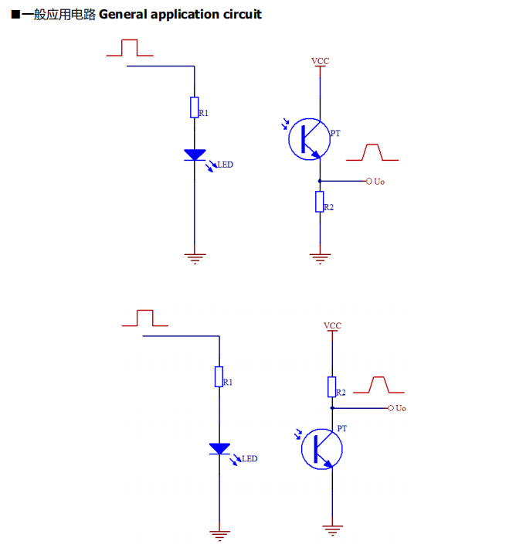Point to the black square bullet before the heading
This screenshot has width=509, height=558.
point(15,15)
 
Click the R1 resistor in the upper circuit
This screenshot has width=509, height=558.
point(195,107)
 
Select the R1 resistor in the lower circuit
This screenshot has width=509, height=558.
point(219,376)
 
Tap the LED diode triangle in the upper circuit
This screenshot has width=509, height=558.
point(195,155)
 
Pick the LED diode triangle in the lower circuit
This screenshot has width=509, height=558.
point(219,448)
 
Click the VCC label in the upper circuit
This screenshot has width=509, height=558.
point(320,60)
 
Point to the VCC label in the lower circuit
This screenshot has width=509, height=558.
point(332,325)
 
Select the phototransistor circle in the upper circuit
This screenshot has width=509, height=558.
point(308,138)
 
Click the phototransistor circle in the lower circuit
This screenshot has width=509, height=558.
point(321,450)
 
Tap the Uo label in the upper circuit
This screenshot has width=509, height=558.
point(378,182)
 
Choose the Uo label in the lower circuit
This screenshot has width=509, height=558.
point(400,408)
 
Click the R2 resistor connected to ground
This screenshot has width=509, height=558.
point(319,202)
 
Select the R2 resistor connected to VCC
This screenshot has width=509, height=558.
point(332,386)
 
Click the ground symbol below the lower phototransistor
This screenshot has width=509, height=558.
point(332,529)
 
